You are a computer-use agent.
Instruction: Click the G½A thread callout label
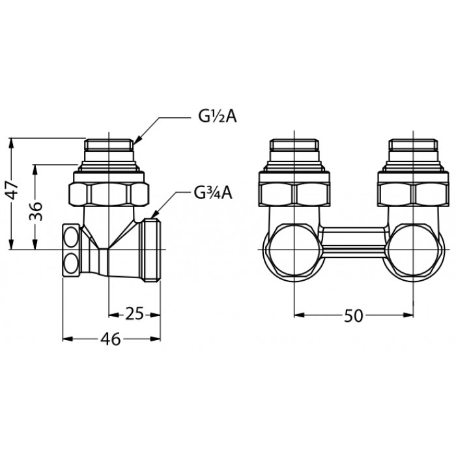coord(218,117)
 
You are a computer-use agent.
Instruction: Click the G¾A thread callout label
coord(214,193)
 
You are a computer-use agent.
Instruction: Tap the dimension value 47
coord(13,190)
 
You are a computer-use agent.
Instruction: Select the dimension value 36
coord(36,211)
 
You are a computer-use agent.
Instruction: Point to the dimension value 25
coord(134,313)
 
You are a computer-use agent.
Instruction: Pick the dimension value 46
coord(111,339)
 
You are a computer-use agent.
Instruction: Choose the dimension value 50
coord(354,315)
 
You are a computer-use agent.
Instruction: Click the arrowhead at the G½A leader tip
coord(137,140)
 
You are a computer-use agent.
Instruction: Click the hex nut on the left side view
coord(109,195)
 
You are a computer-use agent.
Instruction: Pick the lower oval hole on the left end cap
coord(71,263)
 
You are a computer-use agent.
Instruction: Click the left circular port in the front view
coord(294,250)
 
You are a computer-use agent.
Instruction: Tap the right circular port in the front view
coord(414,250)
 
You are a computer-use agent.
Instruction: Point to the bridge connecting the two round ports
coord(354,242)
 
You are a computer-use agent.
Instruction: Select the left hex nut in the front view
coord(294,195)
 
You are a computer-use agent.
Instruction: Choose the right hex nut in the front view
coord(414,195)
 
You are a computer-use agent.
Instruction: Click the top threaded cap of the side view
coord(109,145)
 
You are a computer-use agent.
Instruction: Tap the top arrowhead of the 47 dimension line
coord(11,142)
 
